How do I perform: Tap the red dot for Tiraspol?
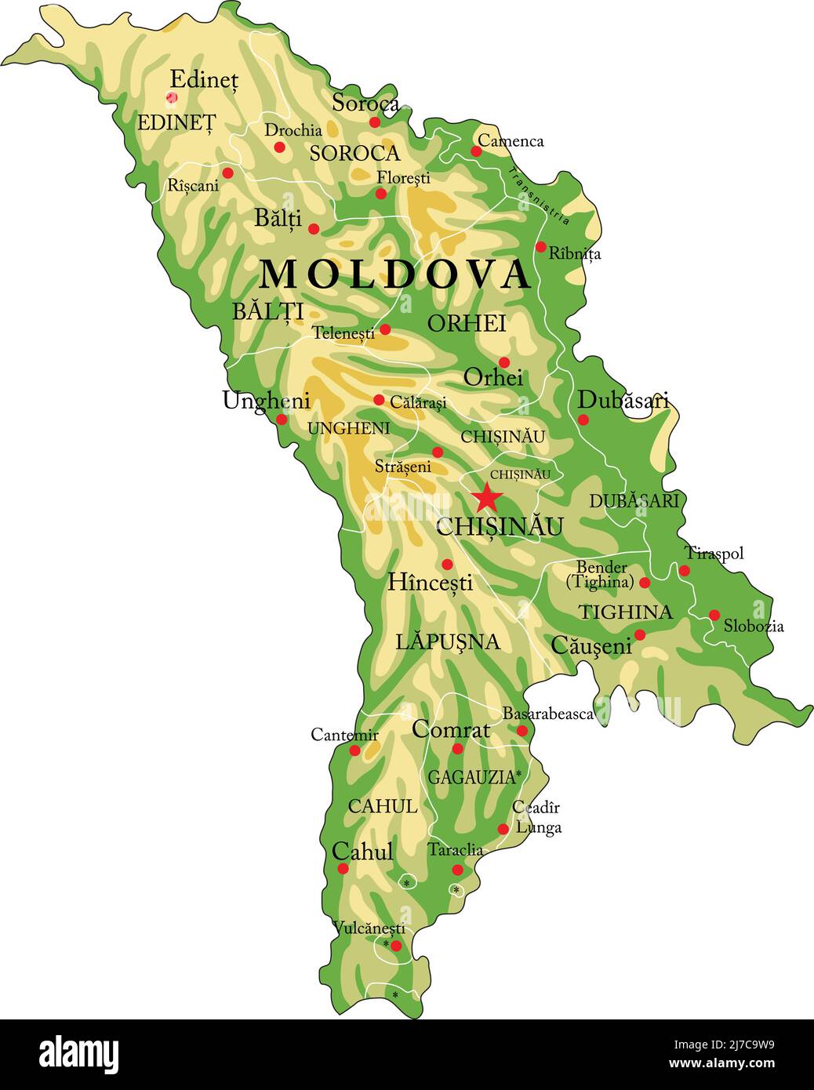pos(685,570)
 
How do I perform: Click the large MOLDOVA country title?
pos(395,274)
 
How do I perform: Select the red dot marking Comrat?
pos(458,749)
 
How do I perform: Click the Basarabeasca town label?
pos(547,714)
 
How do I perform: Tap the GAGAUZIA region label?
pos(472,777)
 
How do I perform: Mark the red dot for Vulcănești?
pos(396,946)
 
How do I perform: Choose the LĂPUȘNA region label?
pos(447,642)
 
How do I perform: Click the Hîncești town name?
pos(431,583)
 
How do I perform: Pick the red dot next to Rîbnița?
pos(540,247)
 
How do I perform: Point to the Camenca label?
pos(511,141)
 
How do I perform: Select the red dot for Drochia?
pos(279,147)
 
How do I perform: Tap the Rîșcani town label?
pos(193,186)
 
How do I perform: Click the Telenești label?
pos(343,333)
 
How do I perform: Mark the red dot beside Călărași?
pos(379,400)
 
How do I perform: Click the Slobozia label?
pos(754,626)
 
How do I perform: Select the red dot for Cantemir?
pos(354,750)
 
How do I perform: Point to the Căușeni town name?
pos(591,646)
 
